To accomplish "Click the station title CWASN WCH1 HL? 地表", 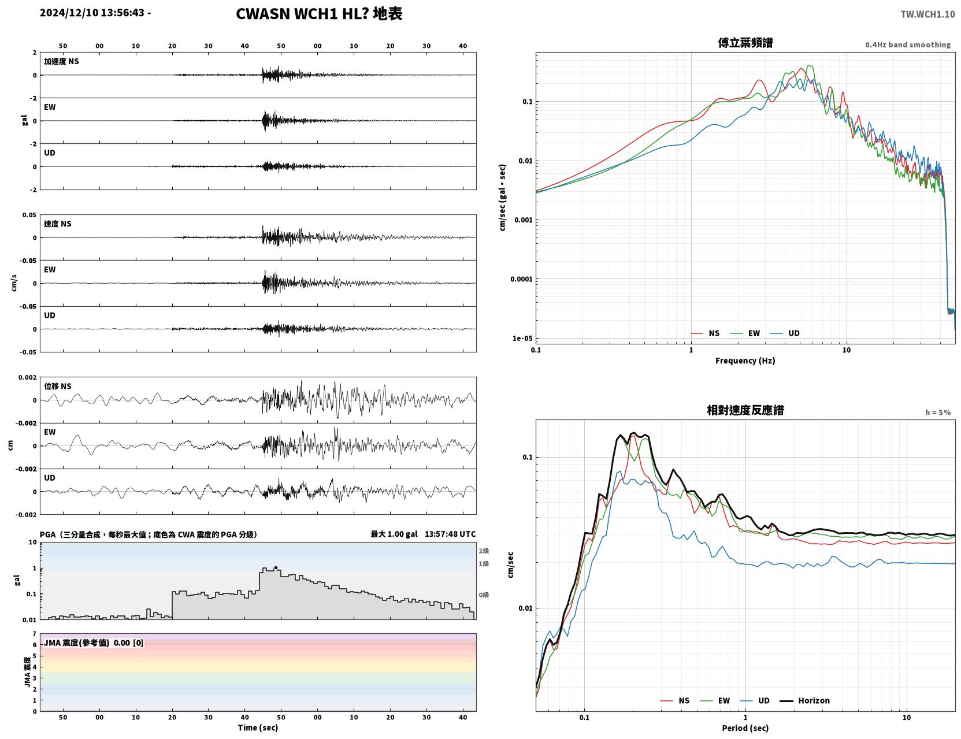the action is pyautogui.click(x=319, y=14).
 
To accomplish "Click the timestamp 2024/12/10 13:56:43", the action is pyautogui.click(x=92, y=13).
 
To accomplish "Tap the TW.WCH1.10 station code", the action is pyautogui.click(x=927, y=14).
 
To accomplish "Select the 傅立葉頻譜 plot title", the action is pyautogui.click(x=745, y=43).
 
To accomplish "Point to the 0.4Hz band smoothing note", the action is pyautogui.click(x=907, y=44).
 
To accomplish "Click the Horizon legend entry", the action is pyautogui.click(x=804, y=700).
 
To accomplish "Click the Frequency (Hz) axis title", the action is pyautogui.click(x=745, y=361).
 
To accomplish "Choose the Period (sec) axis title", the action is pyautogui.click(x=745, y=728).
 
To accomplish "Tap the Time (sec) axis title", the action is pyautogui.click(x=258, y=727).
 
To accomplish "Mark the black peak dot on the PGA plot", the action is pyautogui.click(x=276, y=568).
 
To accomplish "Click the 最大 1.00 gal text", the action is pyautogui.click(x=394, y=534).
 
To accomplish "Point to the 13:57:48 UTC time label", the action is pyautogui.click(x=450, y=534).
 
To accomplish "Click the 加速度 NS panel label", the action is pyautogui.click(x=61, y=61).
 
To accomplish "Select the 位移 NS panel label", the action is pyautogui.click(x=57, y=387).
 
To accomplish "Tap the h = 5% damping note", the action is pyautogui.click(x=937, y=413).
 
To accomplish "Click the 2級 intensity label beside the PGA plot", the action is pyautogui.click(x=483, y=551).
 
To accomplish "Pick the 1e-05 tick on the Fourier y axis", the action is pyautogui.click(x=522, y=339).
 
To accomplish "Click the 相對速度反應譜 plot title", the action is pyautogui.click(x=745, y=410).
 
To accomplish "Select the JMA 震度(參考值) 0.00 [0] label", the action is pyautogui.click(x=93, y=643).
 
